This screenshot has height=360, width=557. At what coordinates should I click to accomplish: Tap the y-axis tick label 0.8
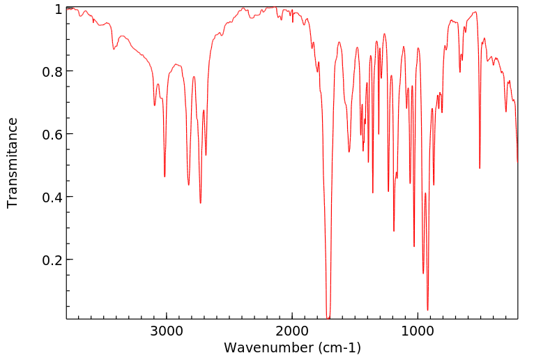(x=52, y=72)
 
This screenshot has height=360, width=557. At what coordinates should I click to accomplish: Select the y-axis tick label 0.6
(x=52, y=134)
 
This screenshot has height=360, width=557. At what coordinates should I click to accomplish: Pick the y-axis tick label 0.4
(x=52, y=197)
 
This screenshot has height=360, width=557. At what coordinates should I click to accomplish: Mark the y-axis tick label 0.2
(x=52, y=260)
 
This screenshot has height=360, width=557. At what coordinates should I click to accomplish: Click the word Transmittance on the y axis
(x=13, y=163)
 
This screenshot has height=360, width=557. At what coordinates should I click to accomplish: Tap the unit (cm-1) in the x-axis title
(x=339, y=347)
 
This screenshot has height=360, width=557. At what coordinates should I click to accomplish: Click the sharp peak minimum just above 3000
(x=165, y=177)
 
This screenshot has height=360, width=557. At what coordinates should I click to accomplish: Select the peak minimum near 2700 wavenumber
(x=200, y=203)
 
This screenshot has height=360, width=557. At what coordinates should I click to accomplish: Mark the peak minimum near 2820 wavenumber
(x=188, y=185)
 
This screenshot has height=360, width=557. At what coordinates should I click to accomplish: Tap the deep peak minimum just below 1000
(x=427, y=310)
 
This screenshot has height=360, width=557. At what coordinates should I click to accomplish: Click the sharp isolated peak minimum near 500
(x=480, y=168)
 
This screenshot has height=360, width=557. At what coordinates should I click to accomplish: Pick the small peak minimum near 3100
(x=154, y=105)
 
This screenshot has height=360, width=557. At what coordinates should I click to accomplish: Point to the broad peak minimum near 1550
(x=349, y=151)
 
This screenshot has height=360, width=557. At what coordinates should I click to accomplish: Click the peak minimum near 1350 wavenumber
(x=373, y=193)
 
